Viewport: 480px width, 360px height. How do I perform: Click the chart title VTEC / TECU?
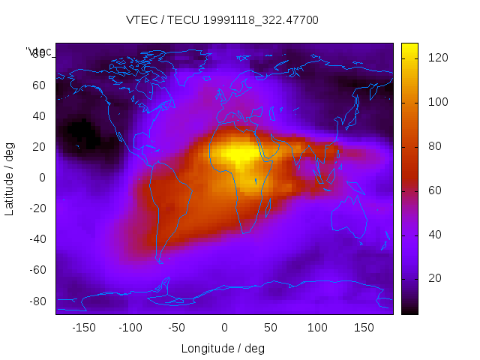click(x=223, y=20)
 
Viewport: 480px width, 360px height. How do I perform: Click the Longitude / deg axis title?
click(x=223, y=348)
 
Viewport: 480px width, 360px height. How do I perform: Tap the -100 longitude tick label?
click(x=130, y=328)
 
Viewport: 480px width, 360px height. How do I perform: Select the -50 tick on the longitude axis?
click(x=177, y=328)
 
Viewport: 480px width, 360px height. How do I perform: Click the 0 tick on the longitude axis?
click(x=224, y=328)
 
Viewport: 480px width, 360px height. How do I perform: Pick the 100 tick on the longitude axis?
click(x=317, y=328)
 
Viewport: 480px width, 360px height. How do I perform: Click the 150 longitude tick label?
click(x=364, y=328)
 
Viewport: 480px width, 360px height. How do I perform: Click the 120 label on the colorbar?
click(x=433, y=58)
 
